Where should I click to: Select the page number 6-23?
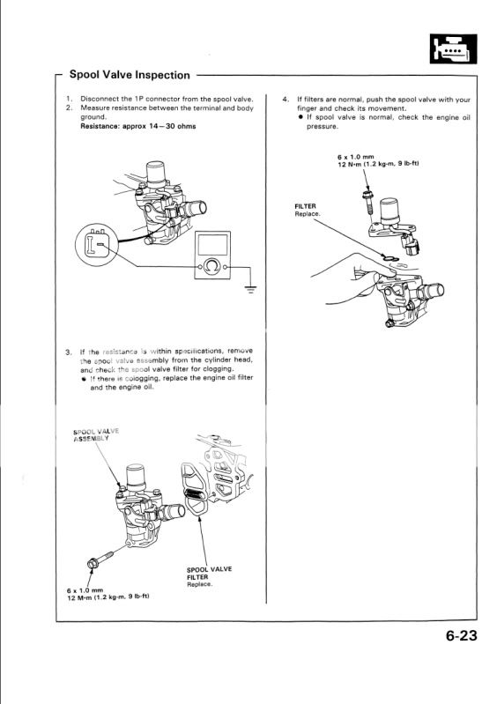(455, 639)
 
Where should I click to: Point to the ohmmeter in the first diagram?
(212, 256)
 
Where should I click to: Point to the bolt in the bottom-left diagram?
(96, 563)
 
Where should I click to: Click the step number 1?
(69, 99)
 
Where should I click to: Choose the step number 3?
(69, 352)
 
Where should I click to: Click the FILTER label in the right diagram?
(305, 205)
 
